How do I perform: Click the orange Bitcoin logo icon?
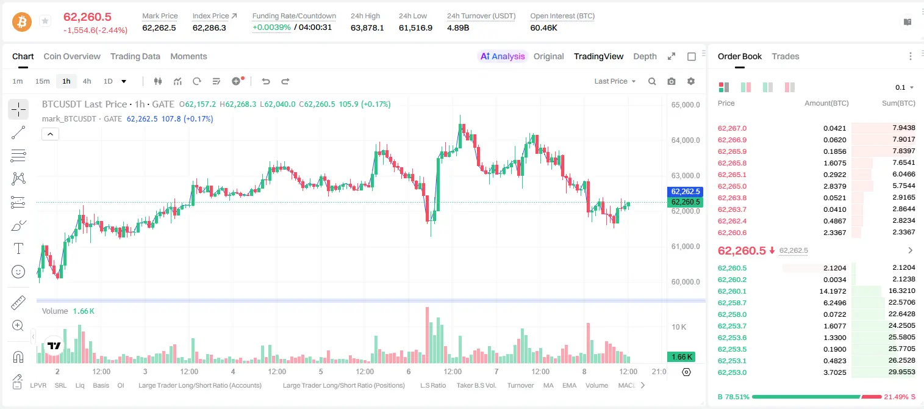point(22,22)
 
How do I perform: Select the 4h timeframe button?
point(87,81)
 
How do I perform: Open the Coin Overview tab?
point(72,56)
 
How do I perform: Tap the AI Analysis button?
point(503,56)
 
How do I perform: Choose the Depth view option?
point(645,56)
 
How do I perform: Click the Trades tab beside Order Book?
point(785,56)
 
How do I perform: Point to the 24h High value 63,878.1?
point(367,27)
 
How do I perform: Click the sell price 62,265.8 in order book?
point(732,163)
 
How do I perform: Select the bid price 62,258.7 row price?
point(732,303)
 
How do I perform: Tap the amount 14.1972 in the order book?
point(833,291)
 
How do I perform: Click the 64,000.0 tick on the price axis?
point(686,140)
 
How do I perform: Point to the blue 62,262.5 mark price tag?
point(685,192)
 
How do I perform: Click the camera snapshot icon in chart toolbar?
point(672,81)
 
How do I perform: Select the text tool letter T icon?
point(18,248)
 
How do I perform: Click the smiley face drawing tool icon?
point(18,272)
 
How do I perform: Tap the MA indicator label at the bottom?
point(548,385)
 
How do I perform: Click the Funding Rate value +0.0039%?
point(271,27)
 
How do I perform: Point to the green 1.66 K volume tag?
point(681,357)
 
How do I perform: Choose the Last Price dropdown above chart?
point(615,81)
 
